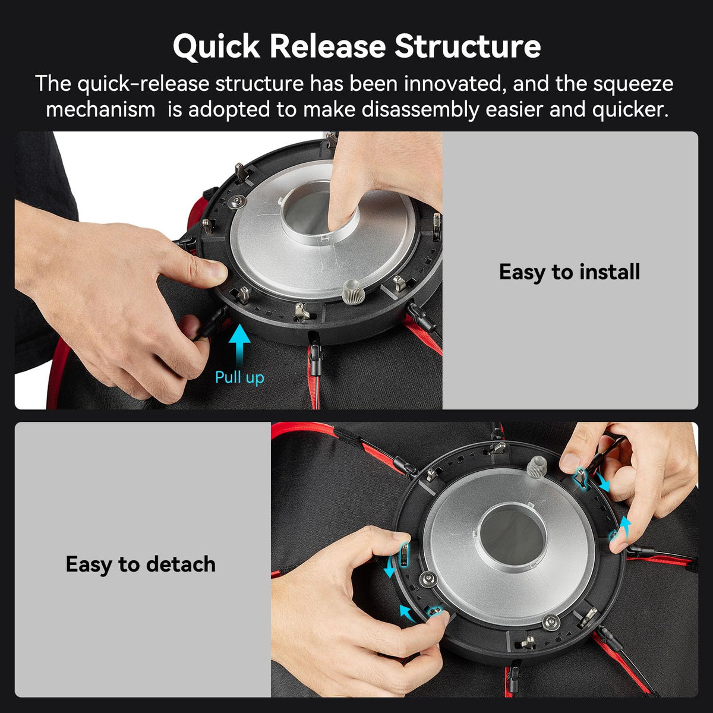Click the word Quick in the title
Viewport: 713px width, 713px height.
coord(216,46)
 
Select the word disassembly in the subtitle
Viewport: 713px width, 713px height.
coord(421,109)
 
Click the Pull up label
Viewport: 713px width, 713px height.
coord(239,378)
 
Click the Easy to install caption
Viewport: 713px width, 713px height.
coord(569,272)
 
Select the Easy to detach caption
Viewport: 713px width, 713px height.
coord(141,564)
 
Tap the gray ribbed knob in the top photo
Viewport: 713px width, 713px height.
coord(353,291)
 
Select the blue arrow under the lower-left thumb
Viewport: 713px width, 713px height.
coord(408,613)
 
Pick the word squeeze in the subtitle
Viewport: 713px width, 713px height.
coord(633,85)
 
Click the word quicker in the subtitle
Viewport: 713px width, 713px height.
coord(630,110)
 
